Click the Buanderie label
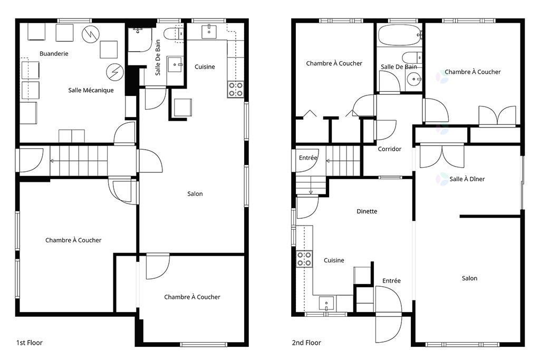54,54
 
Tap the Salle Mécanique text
91,90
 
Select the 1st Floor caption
30,343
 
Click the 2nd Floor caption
306,343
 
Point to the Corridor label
390,149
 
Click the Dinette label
367,211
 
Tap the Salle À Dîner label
467,179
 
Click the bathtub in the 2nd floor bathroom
400,35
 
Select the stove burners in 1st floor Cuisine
236,89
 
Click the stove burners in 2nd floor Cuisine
304,259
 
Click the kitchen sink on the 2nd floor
326,304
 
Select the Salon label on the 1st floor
195,194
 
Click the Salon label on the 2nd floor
469,278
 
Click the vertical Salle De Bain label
158,57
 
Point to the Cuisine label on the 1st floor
205,67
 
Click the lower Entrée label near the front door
392,281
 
